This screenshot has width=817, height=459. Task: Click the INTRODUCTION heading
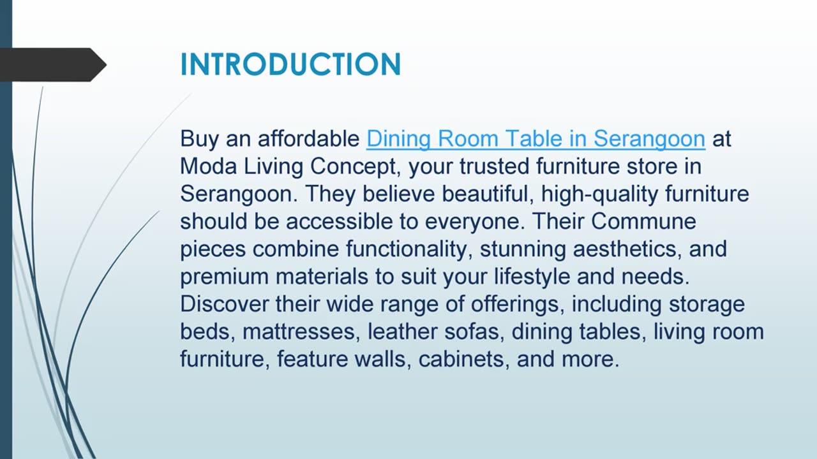click(x=290, y=64)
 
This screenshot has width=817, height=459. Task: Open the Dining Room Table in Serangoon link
click(x=536, y=139)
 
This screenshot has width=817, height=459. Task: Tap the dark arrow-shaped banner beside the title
click(x=53, y=65)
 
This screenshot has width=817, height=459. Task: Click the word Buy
click(x=199, y=139)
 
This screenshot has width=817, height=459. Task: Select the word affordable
click(x=308, y=138)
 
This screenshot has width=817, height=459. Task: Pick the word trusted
click(x=494, y=166)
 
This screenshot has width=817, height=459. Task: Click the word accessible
click(x=339, y=221)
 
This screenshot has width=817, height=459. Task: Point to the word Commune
click(x=643, y=221)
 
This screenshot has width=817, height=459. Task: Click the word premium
click(x=224, y=277)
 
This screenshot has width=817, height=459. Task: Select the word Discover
click(x=224, y=304)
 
